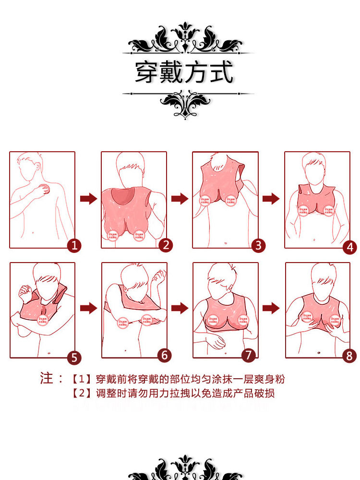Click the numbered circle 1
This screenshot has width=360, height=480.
click(74, 246)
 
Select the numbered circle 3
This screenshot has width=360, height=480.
click(258, 246)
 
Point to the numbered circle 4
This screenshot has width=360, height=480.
click(349, 247)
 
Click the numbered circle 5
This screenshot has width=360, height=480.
click(74, 357)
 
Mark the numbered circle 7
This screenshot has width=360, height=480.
click(249, 355)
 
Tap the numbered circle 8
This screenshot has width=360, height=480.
click(349, 356)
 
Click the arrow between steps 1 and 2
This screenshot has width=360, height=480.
click(88, 199)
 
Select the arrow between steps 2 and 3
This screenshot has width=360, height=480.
click(180, 199)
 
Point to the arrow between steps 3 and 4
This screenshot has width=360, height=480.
click(271, 199)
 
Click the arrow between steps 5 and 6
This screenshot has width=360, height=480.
click(88, 308)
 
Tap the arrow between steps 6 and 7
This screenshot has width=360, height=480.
click(180, 308)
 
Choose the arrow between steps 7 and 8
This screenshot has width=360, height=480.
click(271, 308)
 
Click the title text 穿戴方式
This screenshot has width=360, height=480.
click(184, 72)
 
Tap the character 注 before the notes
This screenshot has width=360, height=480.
click(47, 378)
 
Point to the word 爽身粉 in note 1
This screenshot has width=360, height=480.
click(270, 379)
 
